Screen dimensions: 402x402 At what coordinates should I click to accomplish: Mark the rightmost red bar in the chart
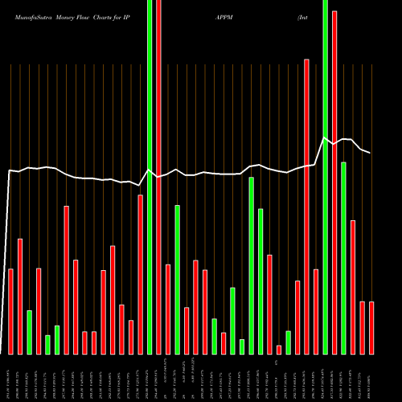pos(371,327)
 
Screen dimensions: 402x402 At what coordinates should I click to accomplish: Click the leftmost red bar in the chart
pos(11,311)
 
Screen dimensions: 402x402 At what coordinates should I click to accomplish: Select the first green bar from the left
pos(30,332)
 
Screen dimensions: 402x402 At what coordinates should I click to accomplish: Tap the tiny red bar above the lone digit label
pos(279,349)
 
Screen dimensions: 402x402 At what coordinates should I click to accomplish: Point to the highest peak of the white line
pos(325,138)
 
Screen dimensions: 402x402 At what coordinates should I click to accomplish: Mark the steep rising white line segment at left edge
pos(6,257)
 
